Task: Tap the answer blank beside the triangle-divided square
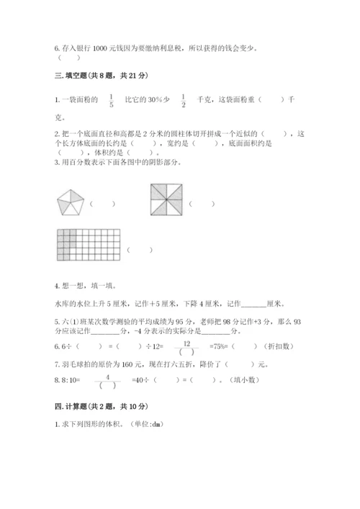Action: (x=205, y=204)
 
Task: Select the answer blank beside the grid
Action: (x=140, y=251)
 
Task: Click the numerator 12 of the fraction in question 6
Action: (x=186, y=343)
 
